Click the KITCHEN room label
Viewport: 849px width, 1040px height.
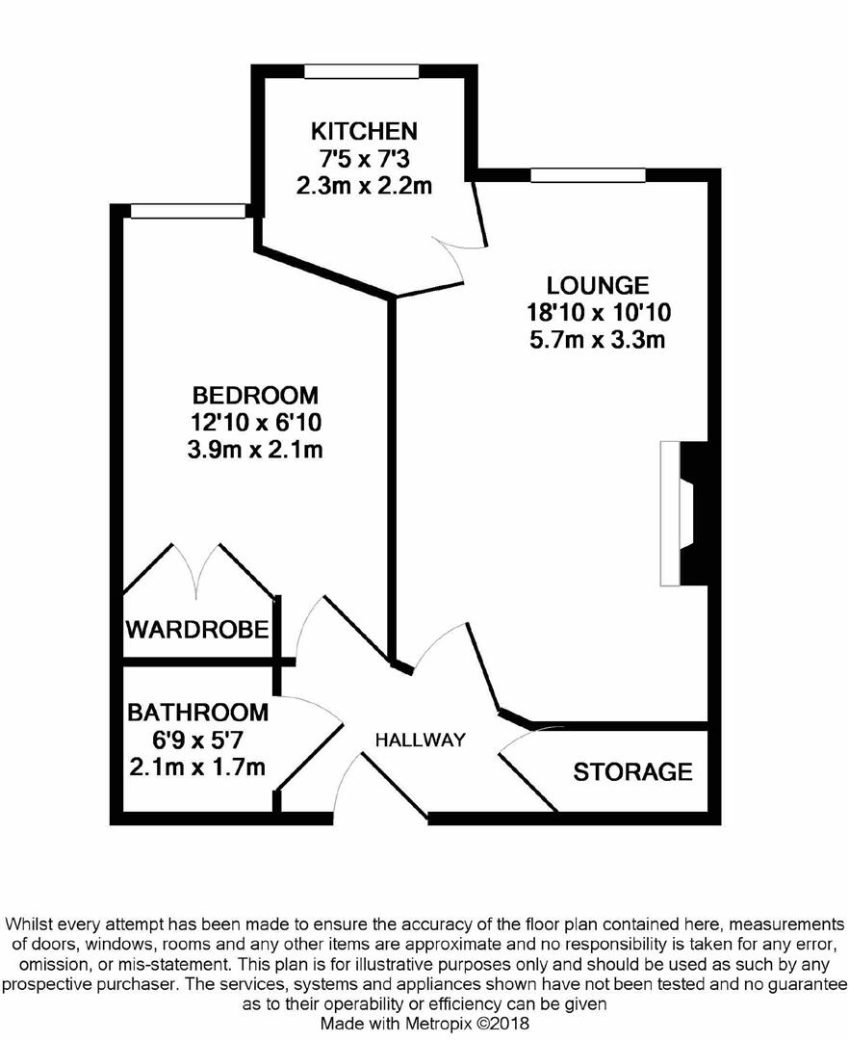tap(363, 131)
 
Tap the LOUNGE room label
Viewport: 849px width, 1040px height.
tap(598, 285)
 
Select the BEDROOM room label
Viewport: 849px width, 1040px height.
tap(255, 395)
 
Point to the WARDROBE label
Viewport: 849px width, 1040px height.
tap(196, 631)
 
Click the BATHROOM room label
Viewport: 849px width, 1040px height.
tap(197, 713)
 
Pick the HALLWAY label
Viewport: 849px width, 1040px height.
tap(420, 741)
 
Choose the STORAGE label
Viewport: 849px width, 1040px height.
tap(632, 771)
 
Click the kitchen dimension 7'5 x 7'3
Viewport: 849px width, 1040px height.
tap(363, 158)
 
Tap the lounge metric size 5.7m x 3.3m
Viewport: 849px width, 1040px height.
tap(598, 339)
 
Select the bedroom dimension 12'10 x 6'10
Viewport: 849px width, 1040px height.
tap(255, 422)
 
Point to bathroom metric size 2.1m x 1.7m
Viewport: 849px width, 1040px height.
tap(197, 767)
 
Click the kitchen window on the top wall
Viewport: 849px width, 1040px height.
tap(361, 71)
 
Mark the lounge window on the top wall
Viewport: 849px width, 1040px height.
tap(587, 175)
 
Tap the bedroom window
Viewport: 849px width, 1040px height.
tap(188, 211)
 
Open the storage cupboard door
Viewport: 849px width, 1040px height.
tap(525, 761)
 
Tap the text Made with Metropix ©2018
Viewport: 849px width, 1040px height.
tap(424, 1024)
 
